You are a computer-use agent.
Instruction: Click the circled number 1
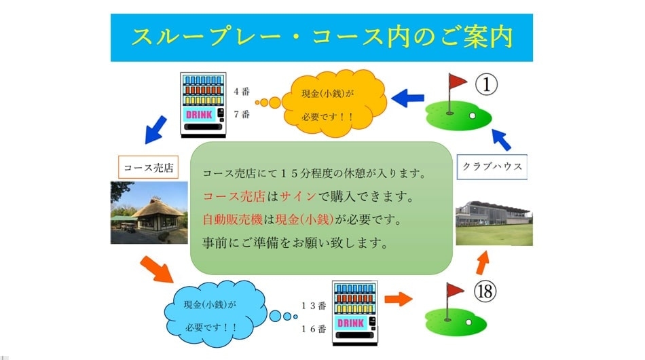pyautogui.click(x=486, y=84)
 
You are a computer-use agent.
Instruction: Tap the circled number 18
pyautogui.click(x=485, y=291)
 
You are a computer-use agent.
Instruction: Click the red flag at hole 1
pyautogui.click(x=457, y=82)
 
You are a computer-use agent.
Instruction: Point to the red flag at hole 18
pyautogui.click(x=454, y=291)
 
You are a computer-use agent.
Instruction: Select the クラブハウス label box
pyautogui.click(x=492, y=166)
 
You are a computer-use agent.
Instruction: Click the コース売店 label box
pyautogui.click(x=148, y=167)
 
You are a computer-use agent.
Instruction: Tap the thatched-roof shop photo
pyautogui.click(x=149, y=213)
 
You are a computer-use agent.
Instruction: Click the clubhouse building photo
pyautogui.click(x=494, y=223)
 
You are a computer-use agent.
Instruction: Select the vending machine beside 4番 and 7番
pyautogui.click(x=203, y=105)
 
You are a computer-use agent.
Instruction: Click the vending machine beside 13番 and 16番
pyautogui.click(x=354, y=313)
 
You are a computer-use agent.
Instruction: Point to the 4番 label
pyautogui.click(x=242, y=91)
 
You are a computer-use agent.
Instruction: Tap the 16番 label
pyautogui.click(x=314, y=329)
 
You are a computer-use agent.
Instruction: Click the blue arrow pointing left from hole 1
pyautogui.click(x=407, y=98)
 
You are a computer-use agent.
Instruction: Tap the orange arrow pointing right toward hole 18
pyautogui.click(x=398, y=299)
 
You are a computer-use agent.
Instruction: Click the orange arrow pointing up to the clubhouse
pyautogui.click(x=482, y=262)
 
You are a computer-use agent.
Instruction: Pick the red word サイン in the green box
pyautogui.click(x=298, y=196)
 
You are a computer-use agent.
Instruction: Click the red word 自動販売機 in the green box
pyautogui.click(x=232, y=219)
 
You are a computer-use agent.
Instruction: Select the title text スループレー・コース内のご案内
pyautogui.click(x=322, y=37)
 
